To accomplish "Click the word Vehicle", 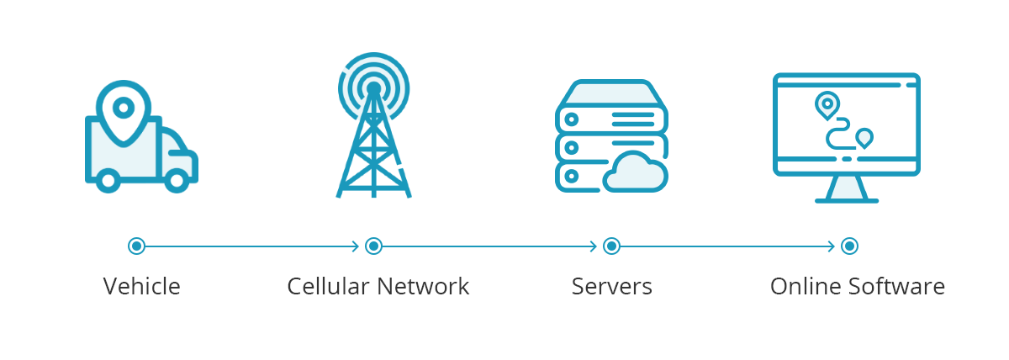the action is tap(142, 286).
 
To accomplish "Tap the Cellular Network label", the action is tap(378, 286).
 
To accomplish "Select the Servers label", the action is tap(612, 286).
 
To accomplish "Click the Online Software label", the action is tap(858, 286).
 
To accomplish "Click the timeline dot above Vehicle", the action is tap(136, 246).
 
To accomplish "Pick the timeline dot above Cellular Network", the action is tap(373, 246).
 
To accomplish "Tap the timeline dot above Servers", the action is tap(611, 246).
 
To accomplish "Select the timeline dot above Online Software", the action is tap(849, 246).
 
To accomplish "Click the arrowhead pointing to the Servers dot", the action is tap(594, 246).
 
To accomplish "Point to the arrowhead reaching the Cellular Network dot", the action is tap(356, 246).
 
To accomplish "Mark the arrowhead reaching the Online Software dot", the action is tap(831, 246).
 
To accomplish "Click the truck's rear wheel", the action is tap(108, 180).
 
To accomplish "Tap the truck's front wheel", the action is tap(177, 180).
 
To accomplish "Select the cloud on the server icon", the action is tap(635, 172).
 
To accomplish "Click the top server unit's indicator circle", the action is tap(571, 119).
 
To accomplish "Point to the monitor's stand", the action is tap(847, 188).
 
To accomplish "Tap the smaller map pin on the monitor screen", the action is tap(864, 138).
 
